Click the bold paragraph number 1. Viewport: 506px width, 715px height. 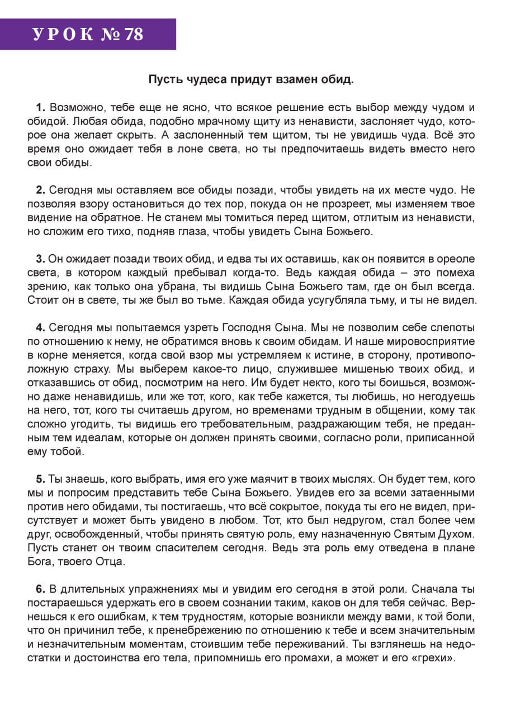click(40, 107)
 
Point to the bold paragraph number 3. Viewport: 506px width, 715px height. click(40, 259)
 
